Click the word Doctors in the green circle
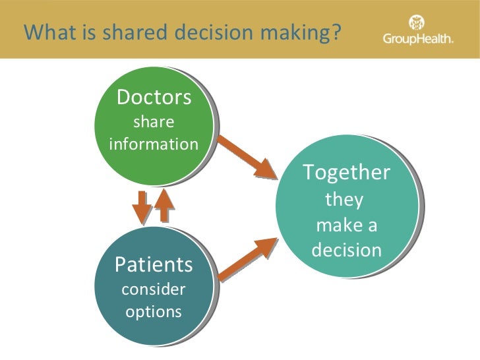tap(154, 98)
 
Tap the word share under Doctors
tap(154, 122)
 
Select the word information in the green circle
tap(154, 144)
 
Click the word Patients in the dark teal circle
tap(154, 265)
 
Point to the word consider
tap(154, 289)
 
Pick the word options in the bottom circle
tap(154, 311)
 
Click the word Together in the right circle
tap(346, 173)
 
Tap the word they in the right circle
tap(344, 199)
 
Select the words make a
tap(347, 225)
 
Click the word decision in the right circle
tap(347, 251)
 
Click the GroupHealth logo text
tap(418, 40)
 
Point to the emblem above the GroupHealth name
tap(418, 22)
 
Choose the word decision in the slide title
tap(208, 31)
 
